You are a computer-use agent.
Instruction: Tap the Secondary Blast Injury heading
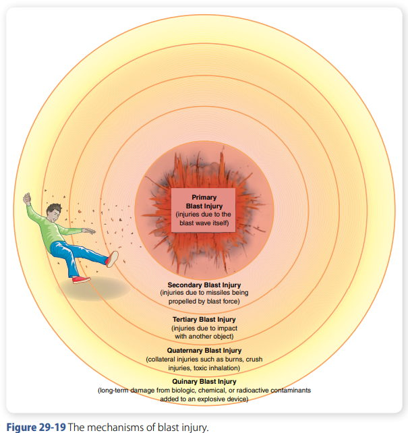pos(204,285)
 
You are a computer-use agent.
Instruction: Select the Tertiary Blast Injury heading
pos(204,320)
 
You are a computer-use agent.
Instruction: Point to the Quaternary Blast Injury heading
pos(204,351)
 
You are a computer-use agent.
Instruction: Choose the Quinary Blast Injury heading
pos(204,382)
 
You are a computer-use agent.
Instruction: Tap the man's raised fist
pos(27,198)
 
